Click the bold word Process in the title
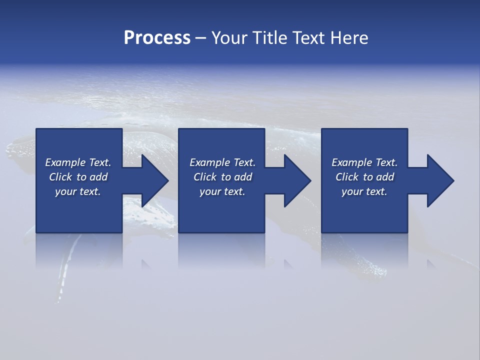pyautogui.click(x=157, y=38)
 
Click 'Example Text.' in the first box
pyautogui.click(x=78, y=162)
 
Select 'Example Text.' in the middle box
pyautogui.click(x=222, y=162)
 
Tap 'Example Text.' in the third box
pyautogui.click(x=364, y=162)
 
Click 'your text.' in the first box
pyautogui.click(x=78, y=191)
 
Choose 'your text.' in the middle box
pyautogui.click(x=222, y=191)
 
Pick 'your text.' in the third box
pyautogui.click(x=364, y=191)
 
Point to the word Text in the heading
pyautogui.click(x=308, y=38)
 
